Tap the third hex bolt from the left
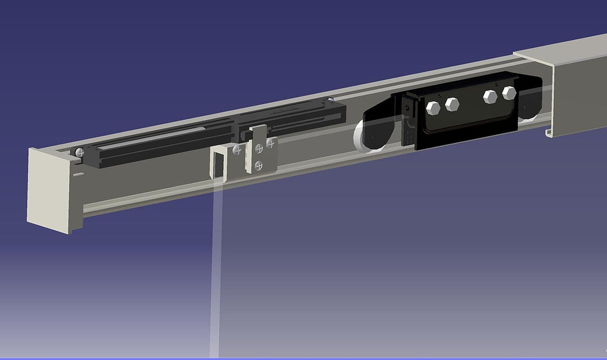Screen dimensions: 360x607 [x=491, y=96]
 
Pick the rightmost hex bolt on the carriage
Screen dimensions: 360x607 [x=509, y=93]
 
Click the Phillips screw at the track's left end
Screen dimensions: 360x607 [x=80, y=152]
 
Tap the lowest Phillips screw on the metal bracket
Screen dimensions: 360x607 [x=259, y=165]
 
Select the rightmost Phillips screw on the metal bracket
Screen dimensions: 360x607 [x=272, y=144]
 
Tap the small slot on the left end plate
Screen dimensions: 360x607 [x=76, y=176]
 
